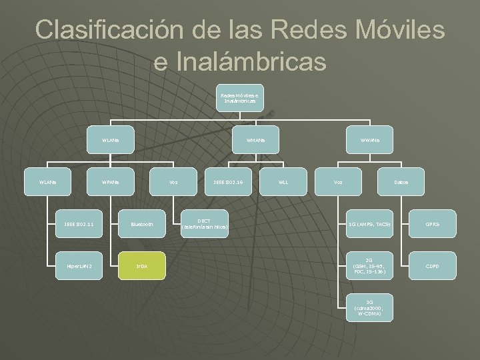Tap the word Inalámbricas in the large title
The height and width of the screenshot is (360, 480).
tap(240, 61)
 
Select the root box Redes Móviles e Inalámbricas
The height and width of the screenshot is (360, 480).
tap(239, 98)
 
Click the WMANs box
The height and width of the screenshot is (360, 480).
tap(255, 141)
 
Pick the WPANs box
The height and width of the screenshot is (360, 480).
tap(109, 182)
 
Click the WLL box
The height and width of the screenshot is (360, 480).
tap(284, 182)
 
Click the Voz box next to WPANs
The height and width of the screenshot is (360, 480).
tap(173, 182)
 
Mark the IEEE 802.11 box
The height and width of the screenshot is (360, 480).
tap(78, 224)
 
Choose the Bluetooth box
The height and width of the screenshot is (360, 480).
tap(141, 224)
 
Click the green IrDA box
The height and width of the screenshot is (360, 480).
tap(141, 266)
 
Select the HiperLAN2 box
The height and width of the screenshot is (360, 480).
tap(78, 266)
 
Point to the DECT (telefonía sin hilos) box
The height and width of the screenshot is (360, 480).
tap(205, 224)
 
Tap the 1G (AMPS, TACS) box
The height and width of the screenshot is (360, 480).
tap(369, 224)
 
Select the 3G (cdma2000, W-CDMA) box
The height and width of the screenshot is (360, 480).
tap(369, 308)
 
